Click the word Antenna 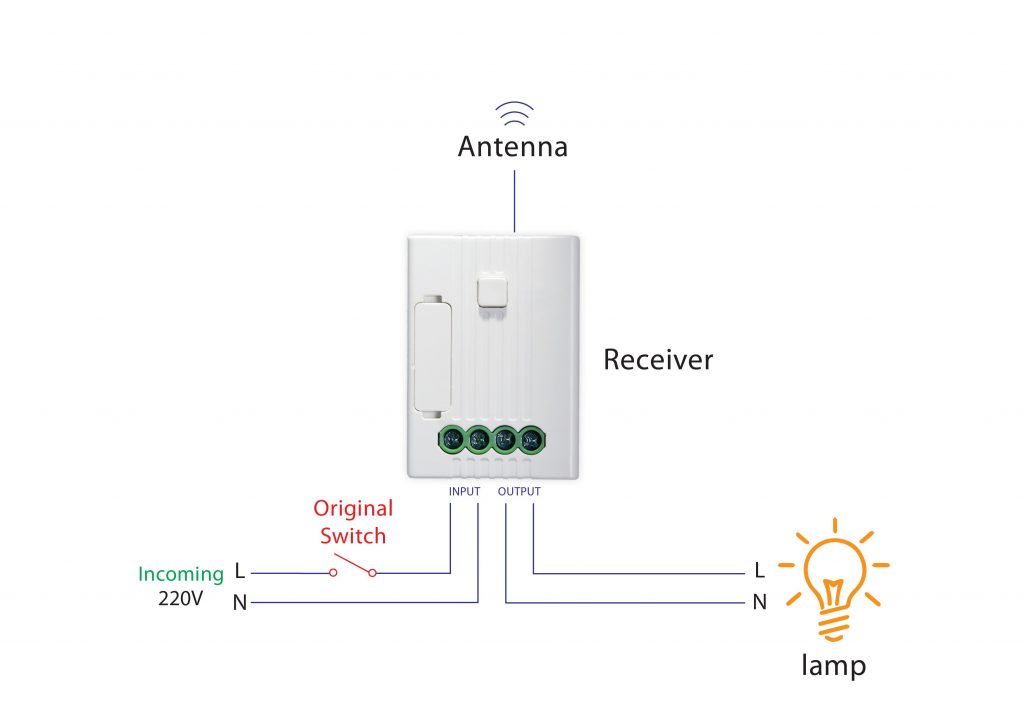tap(512, 147)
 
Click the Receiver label tap(658, 360)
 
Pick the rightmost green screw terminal tap(531, 438)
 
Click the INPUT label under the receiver tap(464, 491)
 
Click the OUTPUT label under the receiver tap(519, 491)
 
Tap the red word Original tap(353, 508)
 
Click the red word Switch tap(353, 536)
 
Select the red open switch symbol tap(352, 567)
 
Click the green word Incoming tap(181, 574)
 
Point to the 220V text tap(181, 601)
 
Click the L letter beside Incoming tap(240, 572)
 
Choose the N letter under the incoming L tap(240, 602)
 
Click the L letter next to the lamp tap(760, 572)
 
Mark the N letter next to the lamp tap(760, 602)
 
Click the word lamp tap(832, 665)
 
